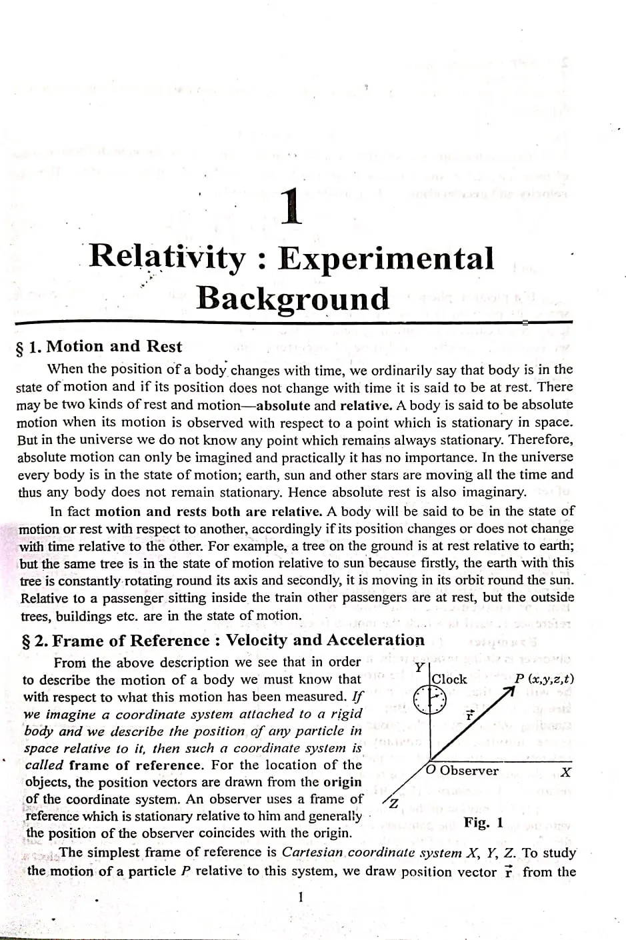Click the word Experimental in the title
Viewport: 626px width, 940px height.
[386, 259]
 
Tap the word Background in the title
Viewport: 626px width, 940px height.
[292, 298]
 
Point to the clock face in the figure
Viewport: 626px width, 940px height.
[429, 701]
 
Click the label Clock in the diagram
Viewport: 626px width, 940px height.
[449, 679]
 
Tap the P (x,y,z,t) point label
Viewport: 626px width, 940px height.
[544, 679]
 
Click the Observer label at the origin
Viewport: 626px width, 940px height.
[469, 771]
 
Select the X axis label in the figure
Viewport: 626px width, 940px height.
[566, 773]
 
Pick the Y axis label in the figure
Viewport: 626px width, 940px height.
[419, 667]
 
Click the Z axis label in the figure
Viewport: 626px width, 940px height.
[393, 804]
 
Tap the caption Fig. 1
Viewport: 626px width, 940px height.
[483, 822]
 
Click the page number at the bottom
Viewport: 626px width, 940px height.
[301, 897]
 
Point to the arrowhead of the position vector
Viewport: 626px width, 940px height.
[512, 693]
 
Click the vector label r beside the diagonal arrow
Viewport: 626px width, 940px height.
[469, 717]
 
